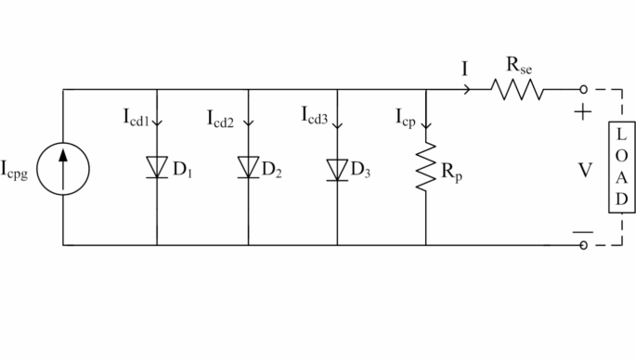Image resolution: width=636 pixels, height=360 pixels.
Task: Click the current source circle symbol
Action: point(63,167)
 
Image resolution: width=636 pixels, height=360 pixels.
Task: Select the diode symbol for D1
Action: point(157,167)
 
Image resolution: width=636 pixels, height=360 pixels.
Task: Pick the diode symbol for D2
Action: point(248,167)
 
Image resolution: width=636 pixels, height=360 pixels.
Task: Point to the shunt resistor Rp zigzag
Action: point(425,167)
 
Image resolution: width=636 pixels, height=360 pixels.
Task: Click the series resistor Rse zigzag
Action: point(516,90)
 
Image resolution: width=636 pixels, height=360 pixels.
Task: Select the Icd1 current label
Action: point(136,118)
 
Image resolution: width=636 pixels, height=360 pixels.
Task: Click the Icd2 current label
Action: point(225,118)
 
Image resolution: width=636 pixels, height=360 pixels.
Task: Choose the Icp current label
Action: point(407,118)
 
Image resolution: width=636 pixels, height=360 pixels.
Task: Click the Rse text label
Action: point(519,66)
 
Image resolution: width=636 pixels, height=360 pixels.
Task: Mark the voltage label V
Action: point(584,170)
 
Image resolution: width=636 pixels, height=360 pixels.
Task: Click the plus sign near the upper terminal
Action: point(583,113)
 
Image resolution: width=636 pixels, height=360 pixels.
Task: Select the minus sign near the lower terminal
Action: point(583,232)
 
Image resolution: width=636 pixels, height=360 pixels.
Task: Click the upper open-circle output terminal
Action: point(583,90)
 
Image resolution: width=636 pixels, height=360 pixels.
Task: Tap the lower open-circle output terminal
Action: point(583,246)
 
